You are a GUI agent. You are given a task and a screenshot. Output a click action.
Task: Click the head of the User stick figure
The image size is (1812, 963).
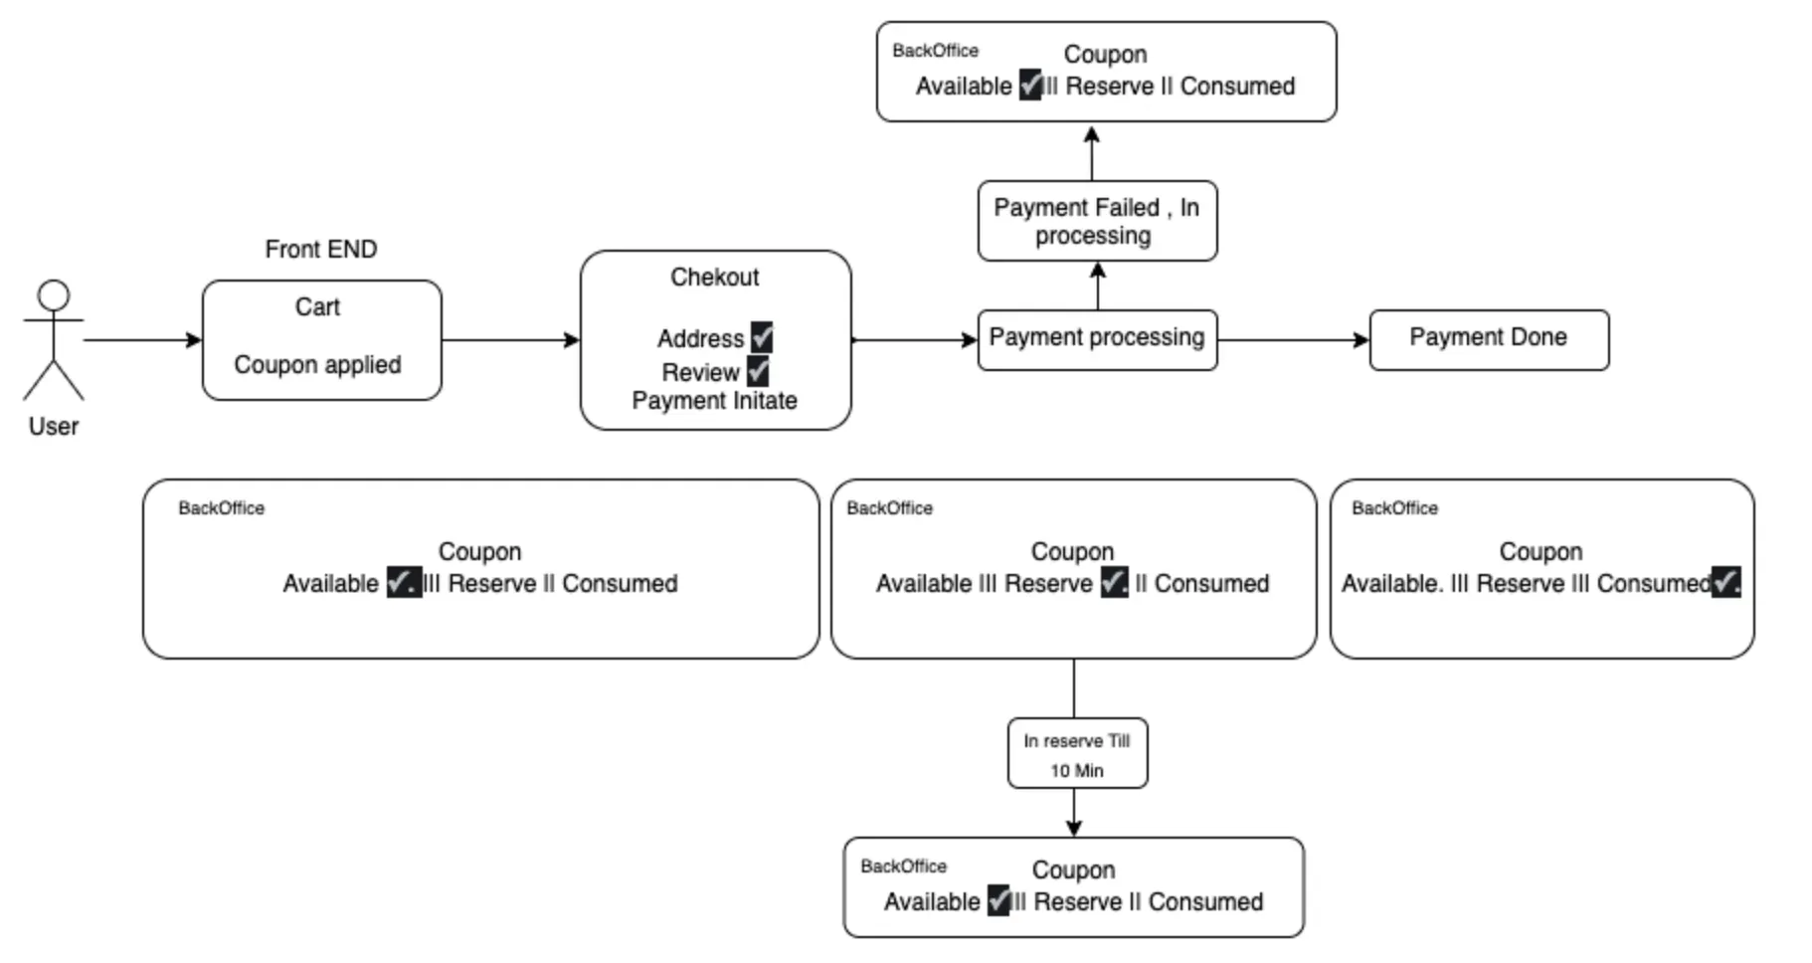tap(53, 296)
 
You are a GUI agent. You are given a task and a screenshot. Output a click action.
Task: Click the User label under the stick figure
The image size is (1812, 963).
tap(53, 427)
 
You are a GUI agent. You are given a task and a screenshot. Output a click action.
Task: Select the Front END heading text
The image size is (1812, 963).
tap(320, 249)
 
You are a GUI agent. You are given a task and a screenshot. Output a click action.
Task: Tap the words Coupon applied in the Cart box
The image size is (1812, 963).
tap(317, 365)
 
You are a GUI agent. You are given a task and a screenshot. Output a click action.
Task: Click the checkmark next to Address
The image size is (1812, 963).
tap(762, 337)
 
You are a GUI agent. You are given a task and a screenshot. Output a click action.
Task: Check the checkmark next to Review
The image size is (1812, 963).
tap(758, 372)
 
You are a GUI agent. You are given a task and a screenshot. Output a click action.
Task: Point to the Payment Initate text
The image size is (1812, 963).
tap(714, 401)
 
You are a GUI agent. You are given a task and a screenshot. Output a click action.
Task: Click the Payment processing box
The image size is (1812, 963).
tap(1096, 338)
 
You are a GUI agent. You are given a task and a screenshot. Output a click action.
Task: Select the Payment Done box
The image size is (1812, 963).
tap(1488, 338)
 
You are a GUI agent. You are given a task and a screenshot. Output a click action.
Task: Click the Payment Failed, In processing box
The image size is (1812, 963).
tap(1096, 221)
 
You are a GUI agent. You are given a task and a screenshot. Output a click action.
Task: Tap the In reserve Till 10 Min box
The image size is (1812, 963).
tap(1076, 754)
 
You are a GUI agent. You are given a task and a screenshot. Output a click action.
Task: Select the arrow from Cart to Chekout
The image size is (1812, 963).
tap(509, 340)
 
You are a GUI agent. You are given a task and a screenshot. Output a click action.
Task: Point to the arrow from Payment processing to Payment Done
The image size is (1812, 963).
tap(1293, 340)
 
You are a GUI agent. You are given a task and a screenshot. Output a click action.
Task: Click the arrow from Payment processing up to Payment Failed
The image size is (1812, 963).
tap(1098, 287)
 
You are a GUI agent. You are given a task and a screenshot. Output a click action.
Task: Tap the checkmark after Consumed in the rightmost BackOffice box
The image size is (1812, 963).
tap(1725, 582)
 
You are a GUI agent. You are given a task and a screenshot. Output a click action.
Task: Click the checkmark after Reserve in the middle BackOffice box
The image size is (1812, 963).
tap(1114, 583)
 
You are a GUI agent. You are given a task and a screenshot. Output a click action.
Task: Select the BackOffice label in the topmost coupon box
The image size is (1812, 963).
tap(935, 51)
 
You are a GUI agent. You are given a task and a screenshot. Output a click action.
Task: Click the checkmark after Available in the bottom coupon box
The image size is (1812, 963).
tap(998, 900)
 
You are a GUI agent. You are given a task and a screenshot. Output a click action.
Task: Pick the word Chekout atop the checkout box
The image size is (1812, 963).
tap(714, 278)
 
